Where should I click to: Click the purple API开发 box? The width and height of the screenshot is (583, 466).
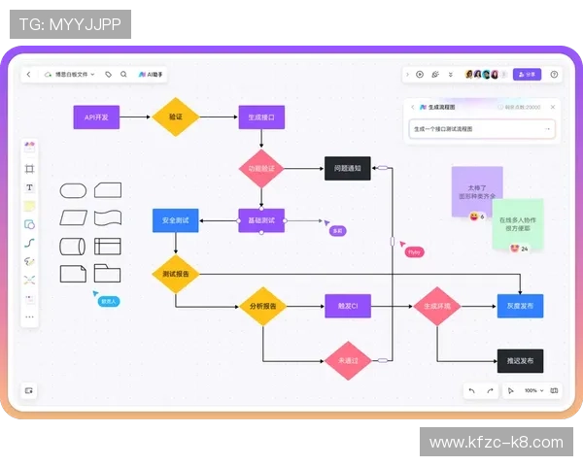tap(96, 117)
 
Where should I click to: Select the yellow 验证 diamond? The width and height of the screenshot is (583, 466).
tap(176, 117)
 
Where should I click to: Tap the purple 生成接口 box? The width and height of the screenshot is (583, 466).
tap(261, 117)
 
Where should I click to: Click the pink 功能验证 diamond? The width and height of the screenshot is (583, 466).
tap(261, 168)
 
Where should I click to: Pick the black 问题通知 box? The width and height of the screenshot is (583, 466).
tap(347, 168)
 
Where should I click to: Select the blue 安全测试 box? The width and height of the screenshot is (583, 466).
tap(175, 220)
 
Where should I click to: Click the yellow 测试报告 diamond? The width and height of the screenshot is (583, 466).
tap(176, 274)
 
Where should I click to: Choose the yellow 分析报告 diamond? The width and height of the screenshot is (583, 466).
tap(261, 307)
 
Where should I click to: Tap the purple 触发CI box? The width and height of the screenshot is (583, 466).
tap(347, 307)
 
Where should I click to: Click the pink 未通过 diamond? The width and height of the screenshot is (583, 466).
tap(348, 360)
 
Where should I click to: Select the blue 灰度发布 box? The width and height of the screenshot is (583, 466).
tap(520, 307)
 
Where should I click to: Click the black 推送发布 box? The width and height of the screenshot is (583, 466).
tap(520, 360)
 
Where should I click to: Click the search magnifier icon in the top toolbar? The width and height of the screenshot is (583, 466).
tap(123, 74)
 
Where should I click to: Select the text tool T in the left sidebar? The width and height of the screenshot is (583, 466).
tap(29, 187)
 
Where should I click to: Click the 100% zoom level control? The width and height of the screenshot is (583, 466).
tap(531, 390)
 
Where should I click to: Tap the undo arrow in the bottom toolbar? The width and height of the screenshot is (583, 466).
tap(471, 390)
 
